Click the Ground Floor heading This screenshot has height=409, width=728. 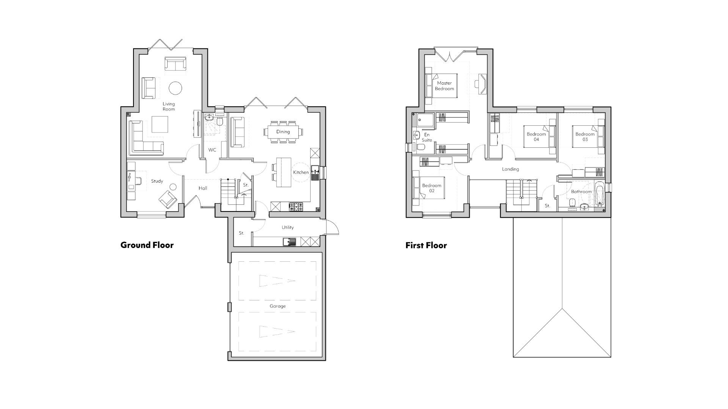[147, 245]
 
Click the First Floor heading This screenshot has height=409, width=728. [426, 245]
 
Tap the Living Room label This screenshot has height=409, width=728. [169, 106]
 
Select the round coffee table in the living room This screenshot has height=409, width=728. [175, 88]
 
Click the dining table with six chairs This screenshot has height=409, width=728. [283, 132]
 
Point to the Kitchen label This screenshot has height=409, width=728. [301, 172]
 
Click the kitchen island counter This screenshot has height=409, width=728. [284, 172]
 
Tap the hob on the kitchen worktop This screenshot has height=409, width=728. [296, 207]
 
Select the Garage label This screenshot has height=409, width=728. [278, 306]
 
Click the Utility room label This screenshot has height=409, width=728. [287, 227]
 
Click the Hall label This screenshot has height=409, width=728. [203, 188]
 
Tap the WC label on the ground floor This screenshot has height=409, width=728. [212, 150]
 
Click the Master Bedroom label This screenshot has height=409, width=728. [444, 86]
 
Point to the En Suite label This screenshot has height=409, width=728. [427, 137]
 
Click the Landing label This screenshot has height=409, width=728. [510, 169]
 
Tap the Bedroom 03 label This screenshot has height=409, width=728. [585, 137]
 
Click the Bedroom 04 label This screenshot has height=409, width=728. [536, 137]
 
